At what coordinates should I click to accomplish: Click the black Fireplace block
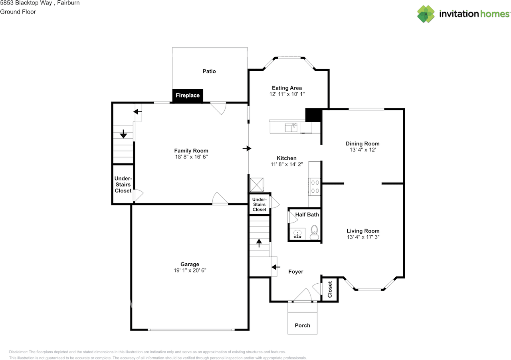188,95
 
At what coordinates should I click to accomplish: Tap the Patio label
209,71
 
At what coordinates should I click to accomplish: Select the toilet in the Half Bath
314,233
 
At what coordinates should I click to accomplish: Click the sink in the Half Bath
297,234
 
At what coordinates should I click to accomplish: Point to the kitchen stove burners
315,187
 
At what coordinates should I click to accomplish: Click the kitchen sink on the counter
291,127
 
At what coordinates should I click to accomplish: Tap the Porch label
302,325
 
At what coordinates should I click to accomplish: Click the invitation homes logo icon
426,14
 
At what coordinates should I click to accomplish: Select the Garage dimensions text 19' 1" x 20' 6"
190,270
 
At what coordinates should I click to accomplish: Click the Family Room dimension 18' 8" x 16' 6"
191,157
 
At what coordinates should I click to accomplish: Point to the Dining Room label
362,143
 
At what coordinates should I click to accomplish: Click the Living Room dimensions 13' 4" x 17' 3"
363,237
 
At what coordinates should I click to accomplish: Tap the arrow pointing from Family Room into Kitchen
247,148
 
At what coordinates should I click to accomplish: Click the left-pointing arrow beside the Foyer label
275,267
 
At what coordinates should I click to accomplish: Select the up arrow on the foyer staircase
259,243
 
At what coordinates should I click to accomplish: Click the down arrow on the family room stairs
123,134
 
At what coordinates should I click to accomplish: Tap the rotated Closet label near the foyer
330,289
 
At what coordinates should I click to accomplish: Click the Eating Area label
287,88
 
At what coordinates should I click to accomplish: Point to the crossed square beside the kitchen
257,185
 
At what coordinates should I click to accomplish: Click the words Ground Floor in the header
18,12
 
